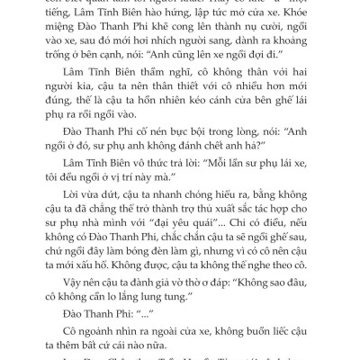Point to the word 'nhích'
tap(168, 59)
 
